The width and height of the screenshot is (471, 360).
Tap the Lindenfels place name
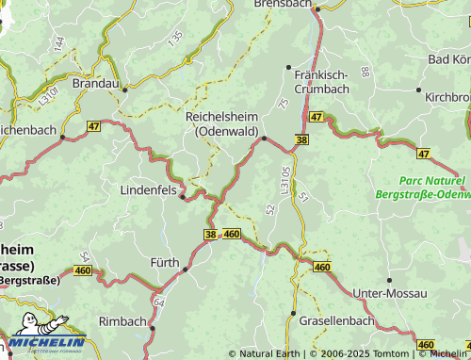click(x=149, y=189)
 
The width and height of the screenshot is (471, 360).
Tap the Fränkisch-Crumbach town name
click(x=321, y=81)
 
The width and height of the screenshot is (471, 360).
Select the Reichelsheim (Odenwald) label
click(x=223, y=123)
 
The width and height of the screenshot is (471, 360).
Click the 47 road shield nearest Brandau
click(x=93, y=125)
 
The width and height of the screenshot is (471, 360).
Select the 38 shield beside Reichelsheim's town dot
click(x=300, y=139)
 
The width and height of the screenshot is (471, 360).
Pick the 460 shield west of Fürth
click(x=83, y=271)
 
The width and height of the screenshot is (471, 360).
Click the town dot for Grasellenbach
click(x=293, y=312)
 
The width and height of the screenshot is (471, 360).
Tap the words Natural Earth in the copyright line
click(x=269, y=353)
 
